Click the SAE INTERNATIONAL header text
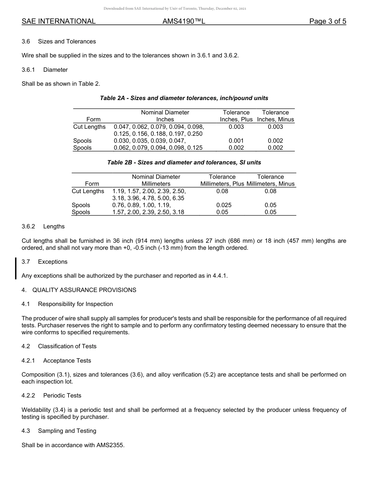(58, 22)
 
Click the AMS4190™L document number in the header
(184, 22)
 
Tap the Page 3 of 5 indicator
(327, 22)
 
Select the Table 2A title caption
(184, 98)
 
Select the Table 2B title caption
(184, 162)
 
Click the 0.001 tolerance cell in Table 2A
(236, 141)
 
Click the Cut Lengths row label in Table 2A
(89, 127)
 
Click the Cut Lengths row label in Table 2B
(88, 191)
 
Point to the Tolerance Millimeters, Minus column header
(270, 180)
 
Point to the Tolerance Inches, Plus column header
(236, 116)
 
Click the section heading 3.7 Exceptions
(45, 262)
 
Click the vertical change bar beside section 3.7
(15, 268)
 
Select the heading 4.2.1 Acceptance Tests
(56, 361)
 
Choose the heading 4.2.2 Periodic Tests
(52, 396)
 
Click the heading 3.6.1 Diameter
(45, 70)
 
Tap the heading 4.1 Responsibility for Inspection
(67, 304)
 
